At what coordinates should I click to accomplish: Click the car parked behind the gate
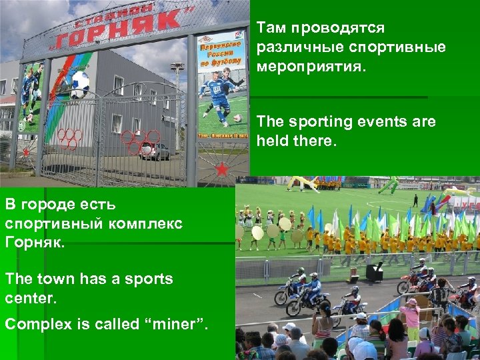coord(155,151)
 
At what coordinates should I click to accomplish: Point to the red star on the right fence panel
coord(221,169)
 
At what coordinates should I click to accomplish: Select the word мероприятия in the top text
coord(311,66)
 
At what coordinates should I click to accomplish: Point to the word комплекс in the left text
coord(148,222)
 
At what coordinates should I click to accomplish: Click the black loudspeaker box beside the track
coord(375,272)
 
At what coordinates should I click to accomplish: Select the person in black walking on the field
coord(415,199)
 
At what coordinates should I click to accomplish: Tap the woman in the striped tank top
coord(323,319)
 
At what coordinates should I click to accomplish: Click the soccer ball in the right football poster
coord(236,119)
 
